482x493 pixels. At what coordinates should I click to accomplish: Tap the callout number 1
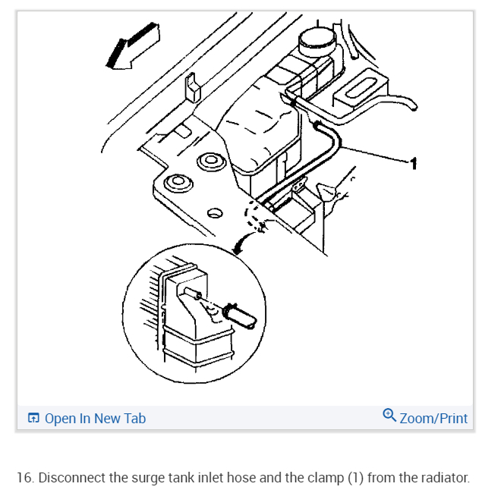413,163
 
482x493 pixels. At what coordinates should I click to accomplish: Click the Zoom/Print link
433,418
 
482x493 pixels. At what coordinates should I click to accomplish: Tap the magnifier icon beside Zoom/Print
389,416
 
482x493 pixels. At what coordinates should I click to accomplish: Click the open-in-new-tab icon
33,418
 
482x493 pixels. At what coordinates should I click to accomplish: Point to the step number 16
24,478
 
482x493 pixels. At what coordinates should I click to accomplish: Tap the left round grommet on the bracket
178,183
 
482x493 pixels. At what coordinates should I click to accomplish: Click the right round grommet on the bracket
209,162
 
